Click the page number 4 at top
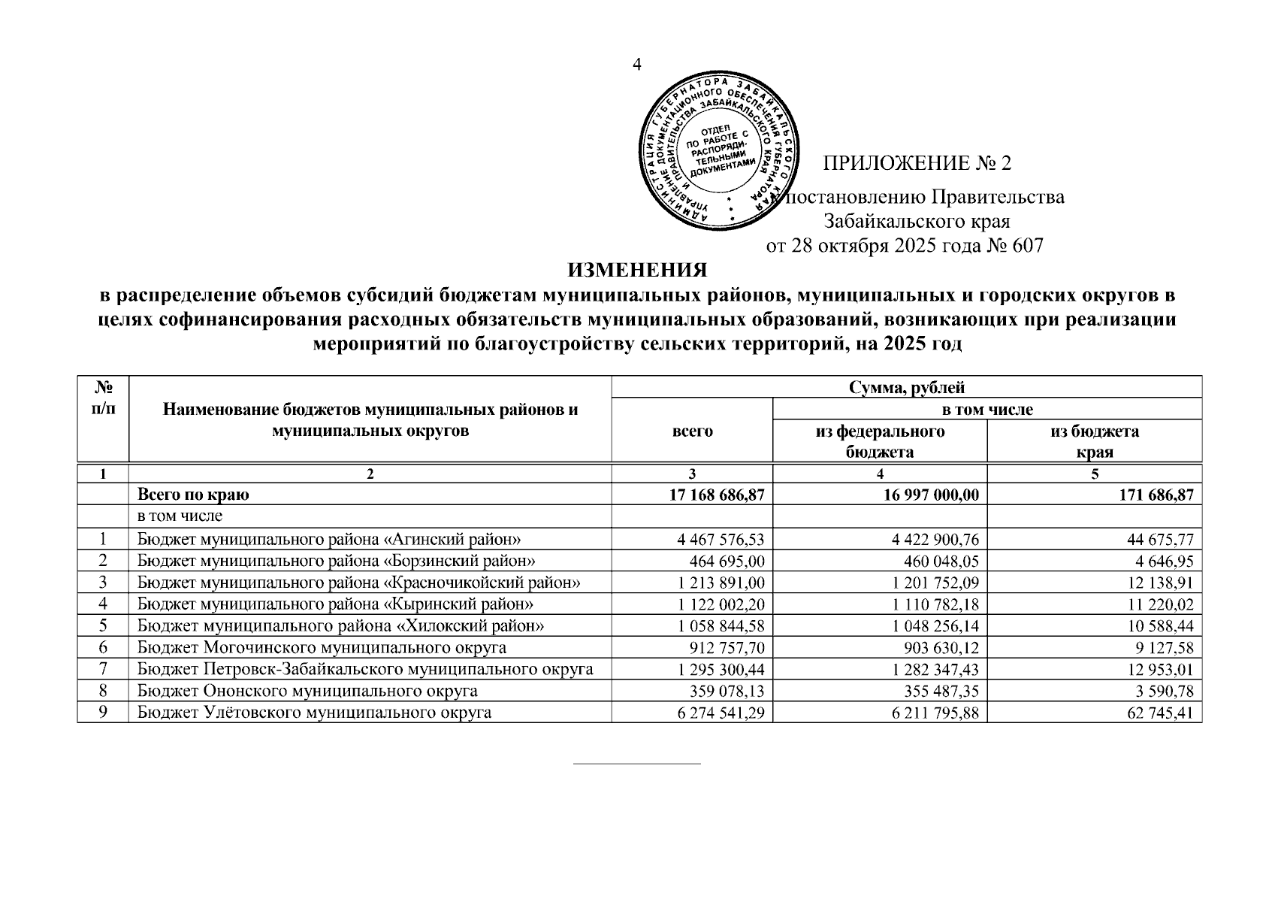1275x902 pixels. [637, 65]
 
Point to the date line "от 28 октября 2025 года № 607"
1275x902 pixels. [905, 246]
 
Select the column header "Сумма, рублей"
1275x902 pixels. [906, 388]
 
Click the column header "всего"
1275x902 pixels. [691, 431]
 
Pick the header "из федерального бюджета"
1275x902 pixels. [880, 441]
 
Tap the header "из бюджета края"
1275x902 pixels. [1094, 441]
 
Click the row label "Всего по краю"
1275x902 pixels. [193, 495]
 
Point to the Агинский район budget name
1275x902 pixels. [329, 539]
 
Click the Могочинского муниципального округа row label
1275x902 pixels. [322, 648]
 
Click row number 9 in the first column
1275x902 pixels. [103, 713]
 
